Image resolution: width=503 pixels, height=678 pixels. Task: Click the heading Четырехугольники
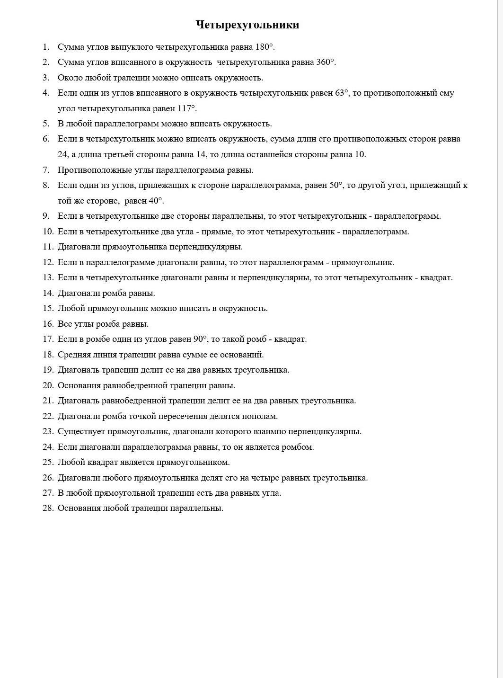(247, 25)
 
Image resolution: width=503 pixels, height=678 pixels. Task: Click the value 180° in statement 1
(265, 47)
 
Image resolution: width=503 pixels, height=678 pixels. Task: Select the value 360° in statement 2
(326, 62)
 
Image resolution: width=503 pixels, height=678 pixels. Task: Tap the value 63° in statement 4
(342, 93)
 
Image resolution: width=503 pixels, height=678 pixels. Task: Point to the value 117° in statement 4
(186, 108)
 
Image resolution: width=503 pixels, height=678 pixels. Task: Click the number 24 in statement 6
(63, 154)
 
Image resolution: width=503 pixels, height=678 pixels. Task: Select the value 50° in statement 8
(336, 185)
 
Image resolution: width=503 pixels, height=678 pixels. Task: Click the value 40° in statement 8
(156, 201)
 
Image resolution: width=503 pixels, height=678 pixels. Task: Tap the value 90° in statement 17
(200, 339)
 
